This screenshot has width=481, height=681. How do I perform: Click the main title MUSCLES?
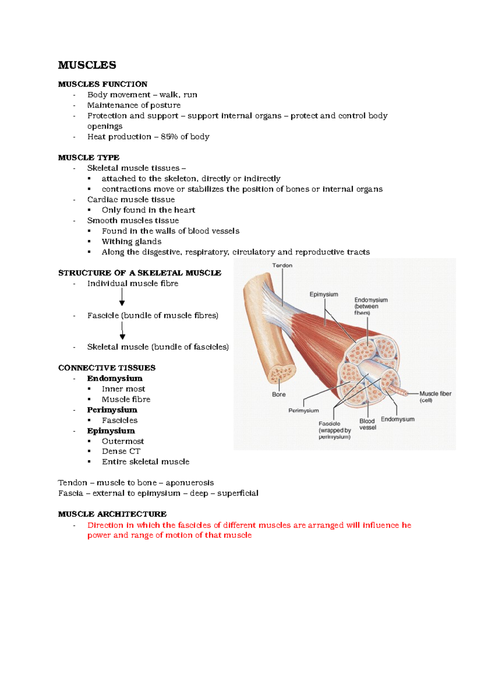87,65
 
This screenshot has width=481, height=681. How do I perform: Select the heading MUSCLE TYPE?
89,158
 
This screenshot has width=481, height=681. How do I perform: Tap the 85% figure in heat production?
169,137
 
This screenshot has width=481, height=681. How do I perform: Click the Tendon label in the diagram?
282,266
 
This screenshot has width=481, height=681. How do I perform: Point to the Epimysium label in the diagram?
323,294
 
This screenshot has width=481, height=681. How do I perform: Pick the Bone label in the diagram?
279,395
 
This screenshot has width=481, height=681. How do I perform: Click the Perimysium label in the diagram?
303,411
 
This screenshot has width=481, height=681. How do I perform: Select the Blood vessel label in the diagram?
368,424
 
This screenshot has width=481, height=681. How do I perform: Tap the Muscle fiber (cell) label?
435,397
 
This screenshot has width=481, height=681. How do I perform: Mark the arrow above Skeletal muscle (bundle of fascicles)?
122,331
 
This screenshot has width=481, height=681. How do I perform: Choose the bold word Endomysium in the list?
115,379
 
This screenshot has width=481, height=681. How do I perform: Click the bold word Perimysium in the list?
112,410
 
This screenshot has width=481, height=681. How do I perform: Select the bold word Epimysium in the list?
111,431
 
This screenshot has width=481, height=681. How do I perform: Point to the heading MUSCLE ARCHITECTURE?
112,514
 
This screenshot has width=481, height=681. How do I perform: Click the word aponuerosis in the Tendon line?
190,483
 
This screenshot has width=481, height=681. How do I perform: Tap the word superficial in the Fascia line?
238,493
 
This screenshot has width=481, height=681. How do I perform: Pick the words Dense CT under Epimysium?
121,452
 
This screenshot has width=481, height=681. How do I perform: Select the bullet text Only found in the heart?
148,210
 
